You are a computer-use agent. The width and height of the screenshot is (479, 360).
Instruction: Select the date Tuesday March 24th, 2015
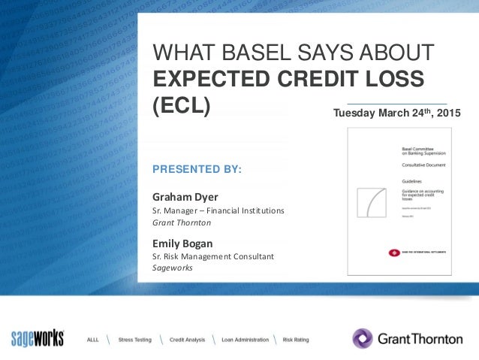397,113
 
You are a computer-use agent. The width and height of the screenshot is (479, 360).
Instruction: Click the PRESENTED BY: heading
197,170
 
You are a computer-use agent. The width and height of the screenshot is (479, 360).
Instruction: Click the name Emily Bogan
183,243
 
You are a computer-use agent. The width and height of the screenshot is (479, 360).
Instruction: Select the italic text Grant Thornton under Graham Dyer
182,222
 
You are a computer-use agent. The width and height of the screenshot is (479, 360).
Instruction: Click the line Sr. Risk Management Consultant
212,256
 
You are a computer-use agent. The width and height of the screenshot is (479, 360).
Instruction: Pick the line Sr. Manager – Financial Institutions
218,210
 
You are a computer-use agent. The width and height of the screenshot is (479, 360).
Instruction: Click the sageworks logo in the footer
38,338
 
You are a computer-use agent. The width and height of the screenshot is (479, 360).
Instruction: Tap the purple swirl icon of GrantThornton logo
363,338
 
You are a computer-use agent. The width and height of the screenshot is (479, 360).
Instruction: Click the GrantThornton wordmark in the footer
420,339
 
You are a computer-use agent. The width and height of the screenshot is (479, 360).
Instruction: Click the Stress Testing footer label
134,340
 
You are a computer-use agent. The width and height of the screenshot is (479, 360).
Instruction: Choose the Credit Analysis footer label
187,340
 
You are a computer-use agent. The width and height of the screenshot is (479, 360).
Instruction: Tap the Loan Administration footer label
246,340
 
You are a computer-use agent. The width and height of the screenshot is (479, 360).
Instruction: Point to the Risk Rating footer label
295,340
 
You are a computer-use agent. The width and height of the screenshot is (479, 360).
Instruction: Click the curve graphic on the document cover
374,200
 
